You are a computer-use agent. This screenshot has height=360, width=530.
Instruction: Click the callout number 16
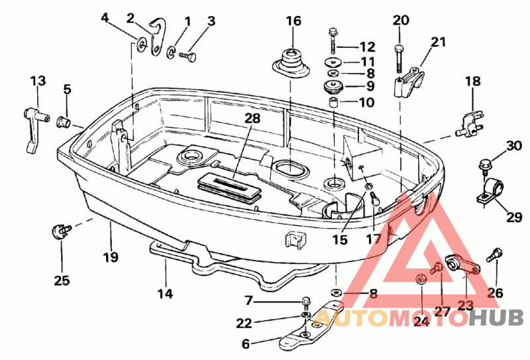293,21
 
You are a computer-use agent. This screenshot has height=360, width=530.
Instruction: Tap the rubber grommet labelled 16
291,64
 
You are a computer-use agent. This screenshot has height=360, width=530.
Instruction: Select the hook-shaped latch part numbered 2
158,36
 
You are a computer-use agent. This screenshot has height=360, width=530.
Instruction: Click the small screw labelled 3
187,56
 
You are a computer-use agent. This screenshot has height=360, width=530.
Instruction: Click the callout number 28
252,118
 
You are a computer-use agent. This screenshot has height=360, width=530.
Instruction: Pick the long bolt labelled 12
333,40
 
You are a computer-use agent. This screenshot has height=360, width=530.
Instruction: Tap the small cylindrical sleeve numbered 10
334,102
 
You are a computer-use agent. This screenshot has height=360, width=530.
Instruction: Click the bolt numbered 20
399,58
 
